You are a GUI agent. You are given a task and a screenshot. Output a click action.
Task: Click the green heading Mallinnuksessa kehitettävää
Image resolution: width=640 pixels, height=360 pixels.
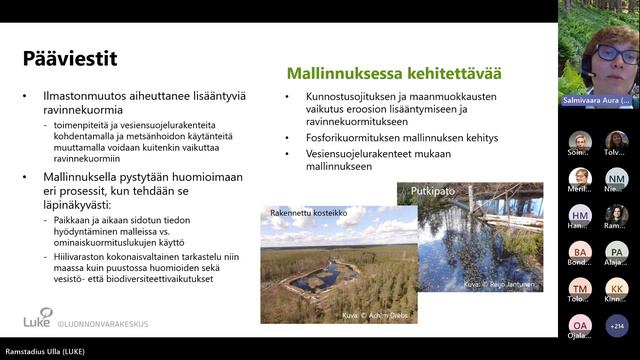click(x=394, y=73)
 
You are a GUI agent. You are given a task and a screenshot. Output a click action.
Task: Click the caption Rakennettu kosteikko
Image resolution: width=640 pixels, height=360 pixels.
click(x=308, y=212)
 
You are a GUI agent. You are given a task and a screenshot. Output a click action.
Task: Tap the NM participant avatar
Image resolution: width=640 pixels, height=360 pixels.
click(x=617, y=179)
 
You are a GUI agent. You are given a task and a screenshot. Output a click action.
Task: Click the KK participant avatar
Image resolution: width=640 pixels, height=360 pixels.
click(x=617, y=289)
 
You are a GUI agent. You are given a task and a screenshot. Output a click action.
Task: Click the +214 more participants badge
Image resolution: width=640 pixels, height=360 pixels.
click(x=617, y=325)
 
